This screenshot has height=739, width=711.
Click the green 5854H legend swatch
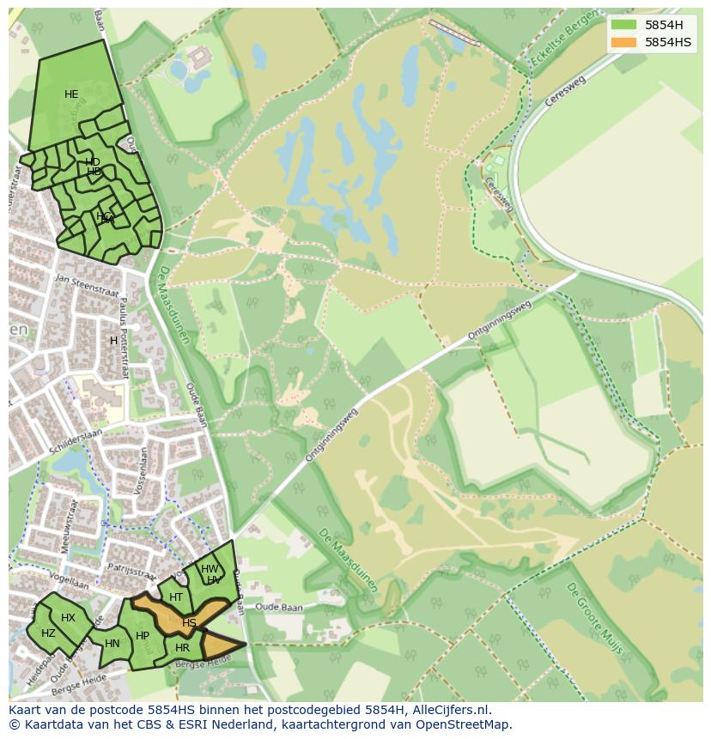[623, 25]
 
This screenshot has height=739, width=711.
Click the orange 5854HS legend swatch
[623, 42]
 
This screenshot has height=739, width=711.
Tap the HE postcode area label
[71, 94]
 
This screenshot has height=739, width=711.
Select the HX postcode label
[68, 618]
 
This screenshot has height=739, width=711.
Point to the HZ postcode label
[48, 633]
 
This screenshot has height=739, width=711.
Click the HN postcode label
[112, 643]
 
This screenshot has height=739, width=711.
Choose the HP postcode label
[143, 636]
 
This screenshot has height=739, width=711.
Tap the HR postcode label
[182, 647]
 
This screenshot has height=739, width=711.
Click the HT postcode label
[176, 597]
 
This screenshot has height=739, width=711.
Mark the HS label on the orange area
[189, 622]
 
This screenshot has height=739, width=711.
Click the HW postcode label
[209, 569]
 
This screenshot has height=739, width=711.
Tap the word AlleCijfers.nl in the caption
[450, 710]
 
